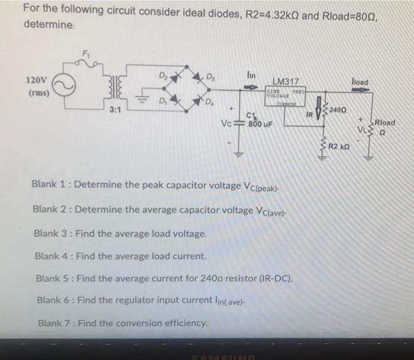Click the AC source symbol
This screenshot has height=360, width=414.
65,87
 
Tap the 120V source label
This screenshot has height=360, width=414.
36,80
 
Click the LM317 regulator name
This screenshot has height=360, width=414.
287,80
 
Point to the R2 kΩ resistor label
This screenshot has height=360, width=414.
341,145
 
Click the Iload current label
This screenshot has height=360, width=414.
359,81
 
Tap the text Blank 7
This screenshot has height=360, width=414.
53,323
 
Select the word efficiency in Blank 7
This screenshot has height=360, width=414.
185,323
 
